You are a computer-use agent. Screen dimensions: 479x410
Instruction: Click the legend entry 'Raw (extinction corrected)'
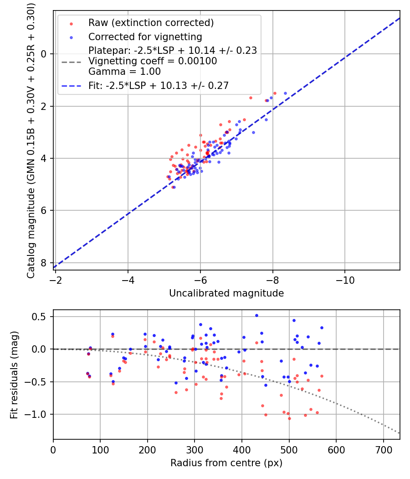click(151, 23)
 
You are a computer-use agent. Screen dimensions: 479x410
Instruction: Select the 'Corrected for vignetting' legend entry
click(145, 36)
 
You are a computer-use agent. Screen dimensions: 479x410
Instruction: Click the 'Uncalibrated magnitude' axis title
click(226, 293)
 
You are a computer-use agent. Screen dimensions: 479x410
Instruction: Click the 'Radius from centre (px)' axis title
click(226, 463)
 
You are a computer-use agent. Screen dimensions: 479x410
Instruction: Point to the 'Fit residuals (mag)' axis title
click(14, 375)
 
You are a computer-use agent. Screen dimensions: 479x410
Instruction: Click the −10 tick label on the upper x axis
click(344, 280)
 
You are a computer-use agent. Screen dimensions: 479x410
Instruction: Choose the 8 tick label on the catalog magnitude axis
click(44, 263)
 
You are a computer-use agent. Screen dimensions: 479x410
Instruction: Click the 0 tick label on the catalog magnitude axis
click(44, 54)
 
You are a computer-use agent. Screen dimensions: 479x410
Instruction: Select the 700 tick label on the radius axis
click(383, 449)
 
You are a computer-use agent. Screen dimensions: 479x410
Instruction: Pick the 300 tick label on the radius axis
click(195, 449)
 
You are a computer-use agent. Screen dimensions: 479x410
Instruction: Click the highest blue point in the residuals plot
click(256, 315)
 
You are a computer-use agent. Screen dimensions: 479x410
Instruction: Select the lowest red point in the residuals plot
click(289, 418)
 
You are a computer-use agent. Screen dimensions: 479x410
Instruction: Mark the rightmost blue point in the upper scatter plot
click(286, 93)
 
